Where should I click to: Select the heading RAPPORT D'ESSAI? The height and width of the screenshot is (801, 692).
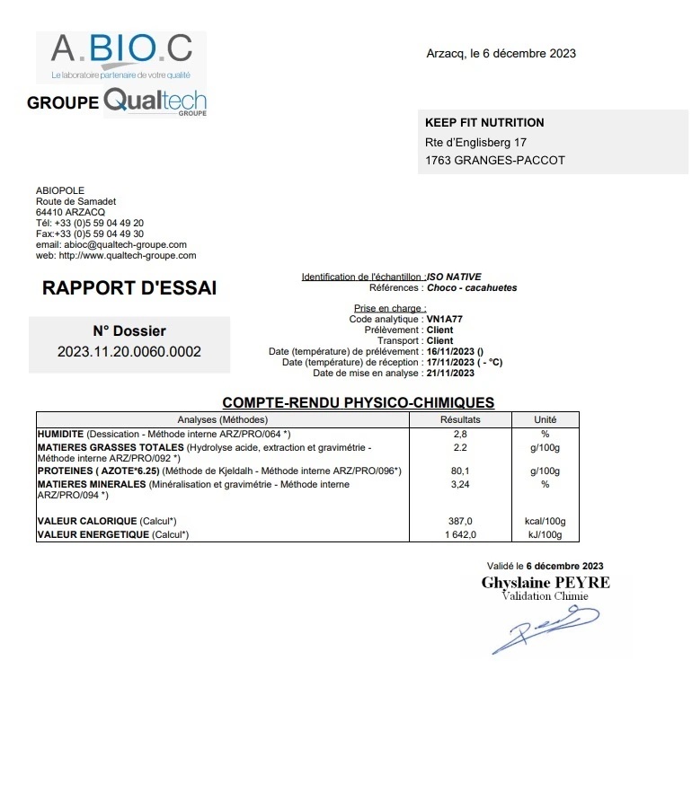[x=129, y=289]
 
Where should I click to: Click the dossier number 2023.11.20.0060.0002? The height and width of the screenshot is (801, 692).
[x=129, y=351]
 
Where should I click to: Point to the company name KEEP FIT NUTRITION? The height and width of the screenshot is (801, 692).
[x=484, y=123]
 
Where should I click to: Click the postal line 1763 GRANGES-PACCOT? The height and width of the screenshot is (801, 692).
[x=495, y=161]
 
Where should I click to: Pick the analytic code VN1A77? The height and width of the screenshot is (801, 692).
[x=445, y=319]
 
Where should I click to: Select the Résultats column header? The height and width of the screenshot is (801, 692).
[x=460, y=419]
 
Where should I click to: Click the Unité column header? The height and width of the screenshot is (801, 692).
[x=545, y=419]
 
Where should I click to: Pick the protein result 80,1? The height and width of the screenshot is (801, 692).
[x=460, y=471]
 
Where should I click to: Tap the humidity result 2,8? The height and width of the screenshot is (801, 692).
[x=460, y=434]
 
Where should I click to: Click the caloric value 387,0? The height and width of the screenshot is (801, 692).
[x=460, y=522]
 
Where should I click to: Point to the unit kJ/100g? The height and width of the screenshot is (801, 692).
[x=545, y=534]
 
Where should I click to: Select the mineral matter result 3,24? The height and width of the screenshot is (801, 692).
[x=460, y=484]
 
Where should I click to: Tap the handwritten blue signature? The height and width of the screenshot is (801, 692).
[x=545, y=628]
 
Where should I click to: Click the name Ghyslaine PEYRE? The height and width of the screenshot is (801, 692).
[x=546, y=582]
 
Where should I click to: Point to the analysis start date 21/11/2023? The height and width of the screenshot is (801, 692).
[x=450, y=373]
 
